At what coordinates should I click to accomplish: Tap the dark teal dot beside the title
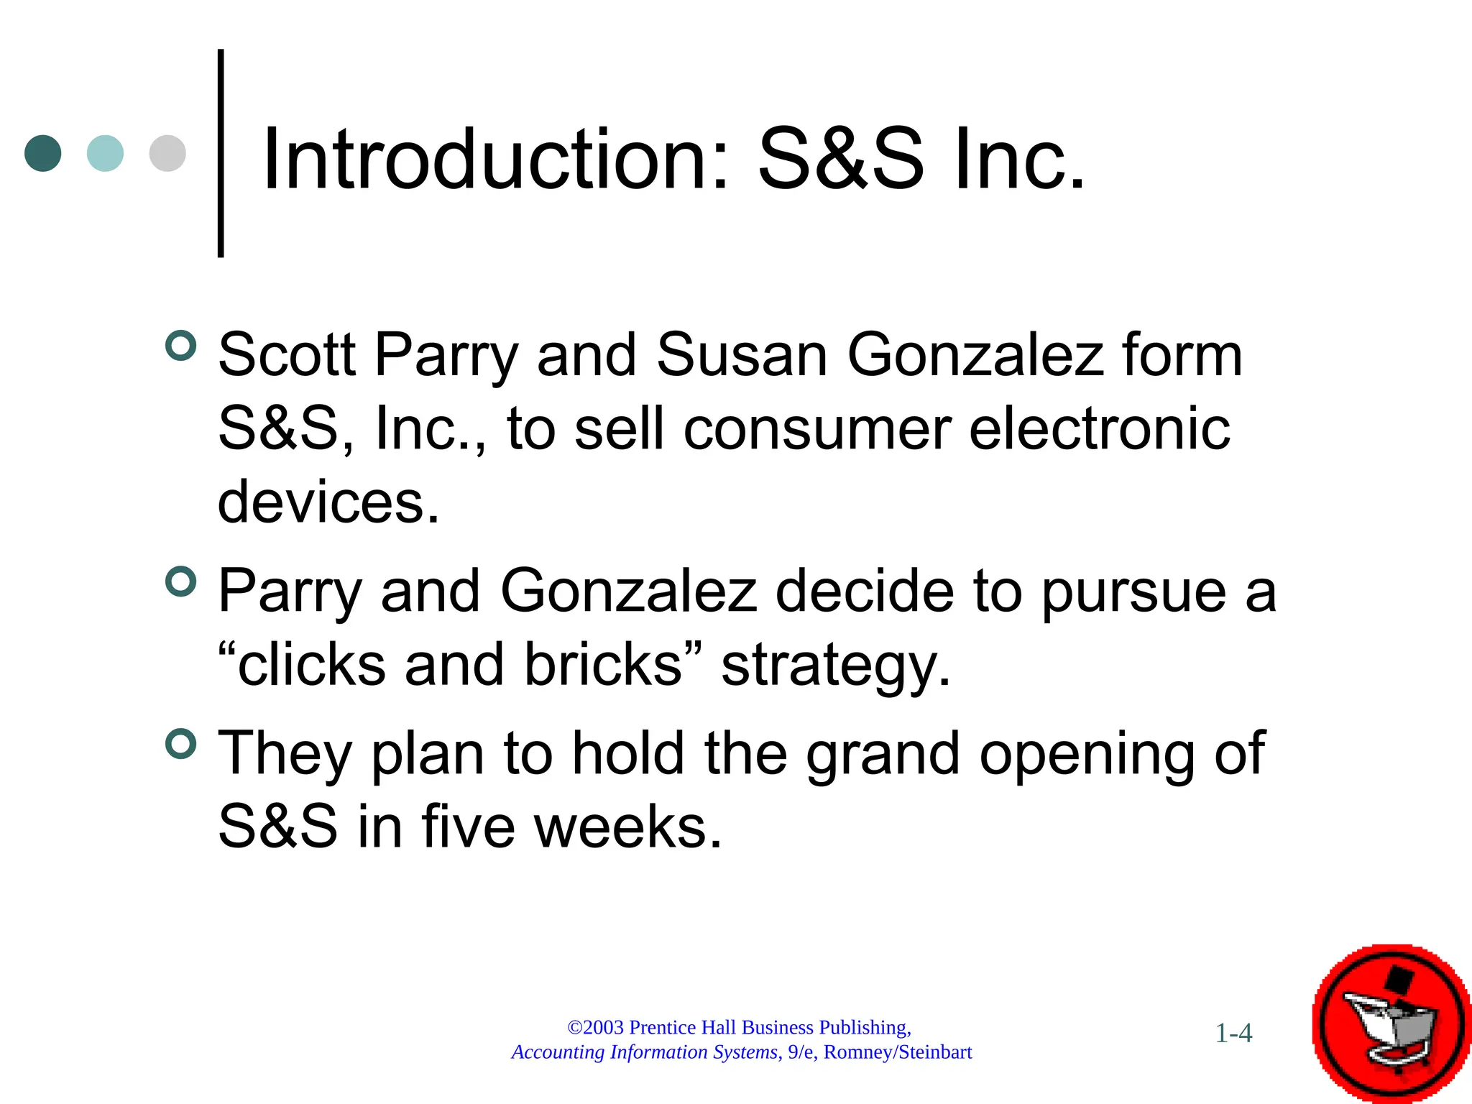[43, 153]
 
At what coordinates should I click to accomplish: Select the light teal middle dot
[105, 153]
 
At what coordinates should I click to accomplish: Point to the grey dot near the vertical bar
[167, 153]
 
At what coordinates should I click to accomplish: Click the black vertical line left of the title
[221, 153]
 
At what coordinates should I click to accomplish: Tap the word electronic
[1100, 429]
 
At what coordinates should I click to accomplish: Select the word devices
[328, 502]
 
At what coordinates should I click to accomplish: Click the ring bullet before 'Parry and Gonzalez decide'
[180, 581]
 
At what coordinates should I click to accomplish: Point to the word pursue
[1133, 592]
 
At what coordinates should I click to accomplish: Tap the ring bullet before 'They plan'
[180, 744]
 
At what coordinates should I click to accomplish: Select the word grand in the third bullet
[883, 755]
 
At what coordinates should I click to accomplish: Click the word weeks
[627, 827]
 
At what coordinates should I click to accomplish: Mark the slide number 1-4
[1233, 1034]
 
